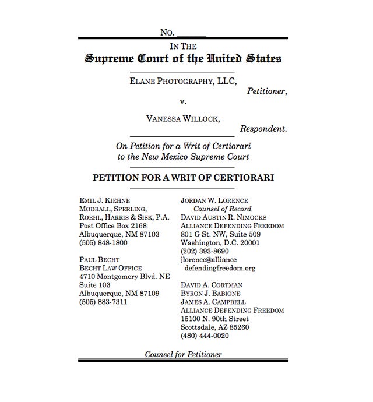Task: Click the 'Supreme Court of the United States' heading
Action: (184, 59)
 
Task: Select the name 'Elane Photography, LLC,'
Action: (184, 82)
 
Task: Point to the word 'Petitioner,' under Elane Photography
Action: (266, 91)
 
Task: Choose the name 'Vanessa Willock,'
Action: (183, 119)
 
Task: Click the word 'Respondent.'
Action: (263, 129)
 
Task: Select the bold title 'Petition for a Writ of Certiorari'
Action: (183, 177)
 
